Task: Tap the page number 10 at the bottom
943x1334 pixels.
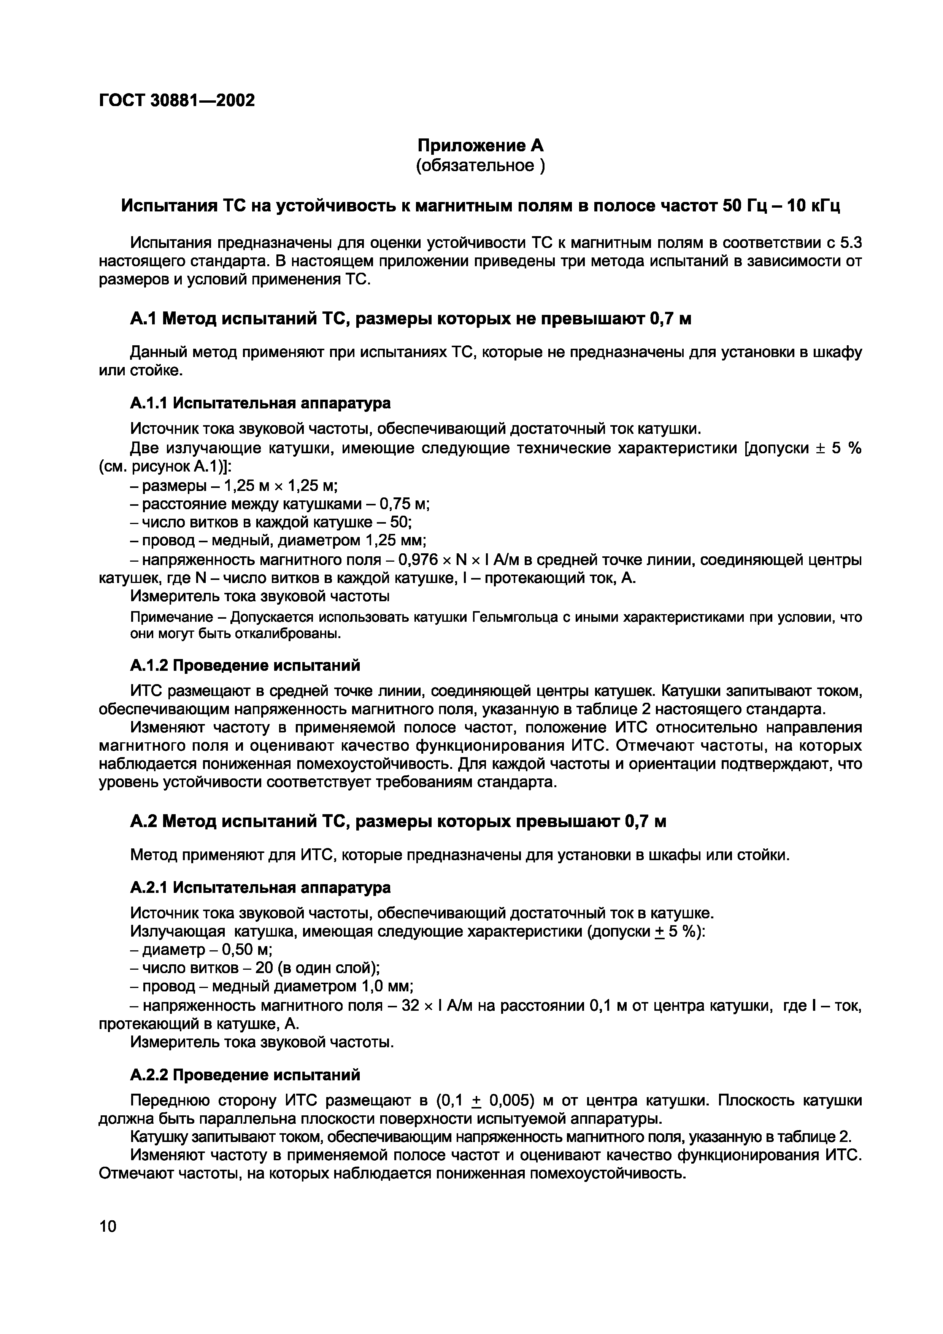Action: coord(108,1226)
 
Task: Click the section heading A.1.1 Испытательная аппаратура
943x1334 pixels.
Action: coord(260,403)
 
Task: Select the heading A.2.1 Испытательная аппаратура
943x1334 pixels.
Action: coord(260,887)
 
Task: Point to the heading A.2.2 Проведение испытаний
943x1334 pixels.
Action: coord(244,1075)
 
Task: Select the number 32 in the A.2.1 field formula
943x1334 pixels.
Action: coord(411,1006)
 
